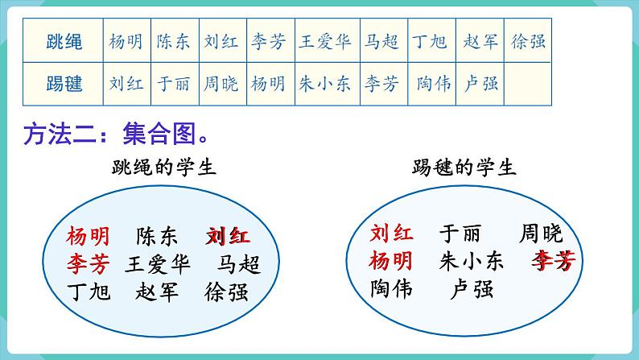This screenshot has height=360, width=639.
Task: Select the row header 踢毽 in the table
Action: pos(64,83)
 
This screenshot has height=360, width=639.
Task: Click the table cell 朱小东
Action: pos(324,83)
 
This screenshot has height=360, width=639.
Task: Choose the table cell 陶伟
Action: pos(434,83)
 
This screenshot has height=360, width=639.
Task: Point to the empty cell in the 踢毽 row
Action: pos(528,83)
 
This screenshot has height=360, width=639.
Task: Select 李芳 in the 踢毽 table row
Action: pos(381,83)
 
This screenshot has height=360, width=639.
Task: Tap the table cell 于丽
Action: pos(174,83)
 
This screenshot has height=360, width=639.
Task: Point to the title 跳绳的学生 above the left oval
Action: pos(164,168)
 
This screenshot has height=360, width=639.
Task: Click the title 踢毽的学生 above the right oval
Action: pos(464,168)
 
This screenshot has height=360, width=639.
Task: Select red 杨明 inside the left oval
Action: pos(89,235)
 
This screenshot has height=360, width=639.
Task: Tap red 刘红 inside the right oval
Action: pos(392,234)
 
